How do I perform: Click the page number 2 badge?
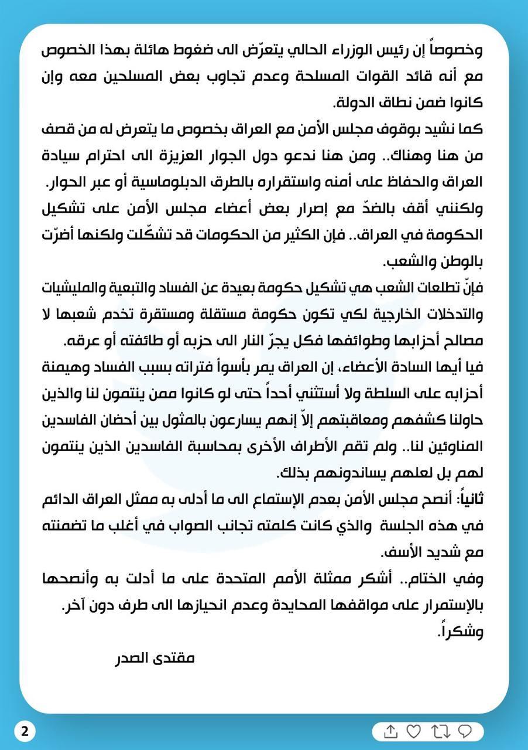coord(24,731)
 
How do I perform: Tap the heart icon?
coord(413,731)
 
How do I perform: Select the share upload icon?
coord(391,731)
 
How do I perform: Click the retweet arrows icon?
coord(439,731)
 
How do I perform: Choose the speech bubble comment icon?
coord(465,731)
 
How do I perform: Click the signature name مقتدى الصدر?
coord(154,657)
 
